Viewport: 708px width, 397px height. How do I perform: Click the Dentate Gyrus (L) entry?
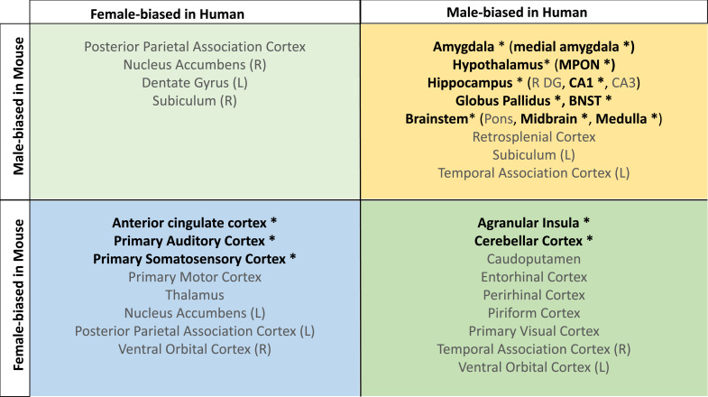tap(195, 82)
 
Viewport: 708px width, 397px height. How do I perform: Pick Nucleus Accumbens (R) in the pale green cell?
tap(195, 64)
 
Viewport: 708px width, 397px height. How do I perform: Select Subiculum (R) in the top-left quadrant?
tap(195, 100)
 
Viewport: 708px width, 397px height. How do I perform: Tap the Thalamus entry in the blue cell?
tap(195, 294)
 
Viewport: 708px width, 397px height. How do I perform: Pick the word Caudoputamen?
tap(535, 258)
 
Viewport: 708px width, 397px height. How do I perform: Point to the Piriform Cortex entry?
tap(535, 312)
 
